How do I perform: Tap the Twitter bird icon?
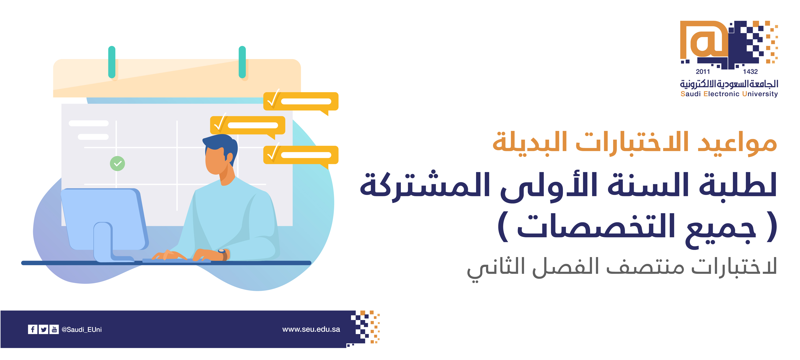point(44,329)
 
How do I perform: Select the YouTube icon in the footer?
point(54,329)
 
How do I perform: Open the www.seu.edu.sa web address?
point(311,329)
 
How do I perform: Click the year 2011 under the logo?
point(703,72)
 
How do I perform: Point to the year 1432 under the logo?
point(750,72)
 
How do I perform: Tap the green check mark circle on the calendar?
point(117,163)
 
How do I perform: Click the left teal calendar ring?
point(112,62)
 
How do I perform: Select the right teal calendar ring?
point(242,62)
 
